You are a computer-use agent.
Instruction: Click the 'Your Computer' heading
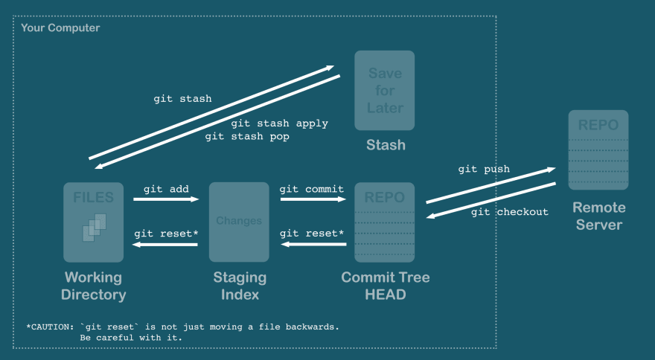pos(60,28)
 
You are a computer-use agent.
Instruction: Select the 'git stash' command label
pos(182,98)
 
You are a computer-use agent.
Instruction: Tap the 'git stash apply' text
pos(279,123)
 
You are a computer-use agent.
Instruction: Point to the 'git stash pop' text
pos(247,137)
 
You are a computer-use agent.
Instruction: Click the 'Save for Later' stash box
pos(384,90)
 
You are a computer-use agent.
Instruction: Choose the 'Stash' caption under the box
pos(386,145)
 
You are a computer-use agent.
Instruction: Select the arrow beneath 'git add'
pos(166,199)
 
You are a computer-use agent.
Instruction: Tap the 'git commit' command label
pos(312,189)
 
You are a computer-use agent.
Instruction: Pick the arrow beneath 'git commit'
pos(312,199)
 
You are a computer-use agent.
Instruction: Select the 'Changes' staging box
pos(239,222)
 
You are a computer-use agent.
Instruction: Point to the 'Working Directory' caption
pos(94,286)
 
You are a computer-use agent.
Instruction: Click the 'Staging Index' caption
pos(240,286)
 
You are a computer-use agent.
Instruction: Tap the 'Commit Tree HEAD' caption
pos(385,286)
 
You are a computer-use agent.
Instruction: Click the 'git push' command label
pos(484,169)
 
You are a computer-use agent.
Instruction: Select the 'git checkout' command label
pos(510,212)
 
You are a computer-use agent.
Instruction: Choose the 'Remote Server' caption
pos(598,216)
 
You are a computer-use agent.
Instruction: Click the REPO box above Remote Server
pos(598,150)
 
